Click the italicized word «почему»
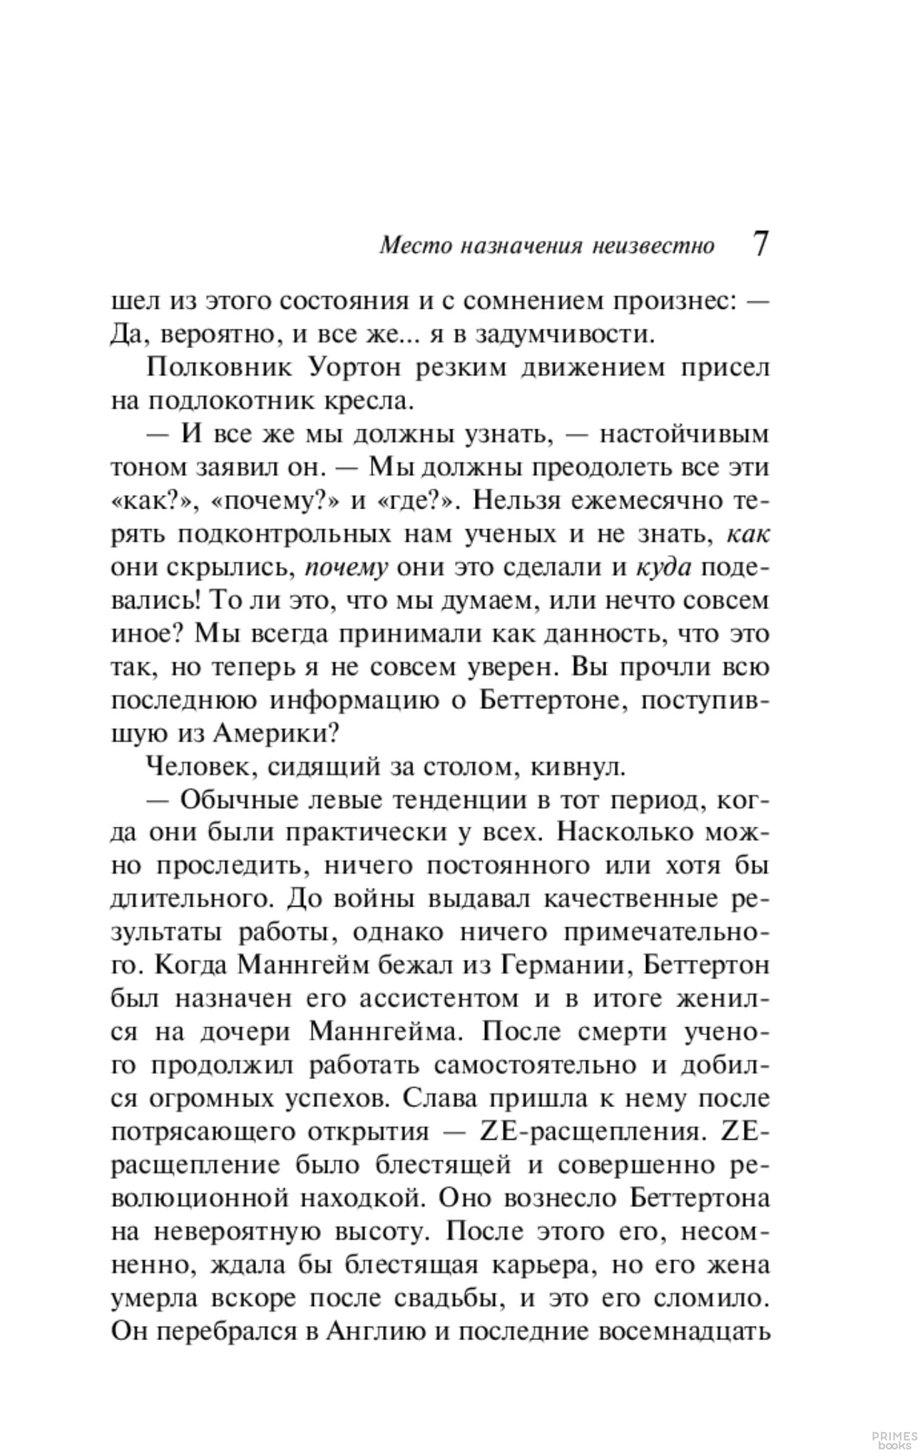346,568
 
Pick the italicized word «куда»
663,568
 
